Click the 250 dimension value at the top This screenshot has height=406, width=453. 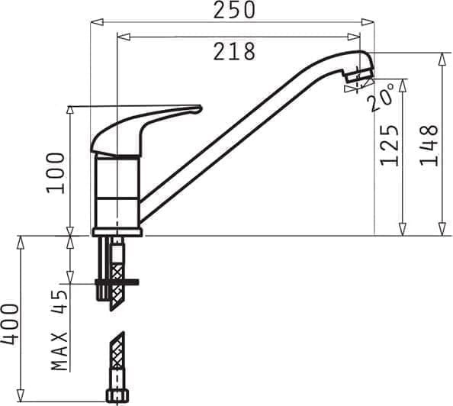click(x=233, y=10)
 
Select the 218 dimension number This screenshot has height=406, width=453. click(x=233, y=51)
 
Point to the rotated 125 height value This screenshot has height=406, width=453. click(x=390, y=144)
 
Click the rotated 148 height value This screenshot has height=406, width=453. click(x=429, y=144)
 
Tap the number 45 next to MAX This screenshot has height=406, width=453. click(x=59, y=300)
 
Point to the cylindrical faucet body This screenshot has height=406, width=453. click(x=117, y=191)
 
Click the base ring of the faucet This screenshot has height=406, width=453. click(x=117, y=231)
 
